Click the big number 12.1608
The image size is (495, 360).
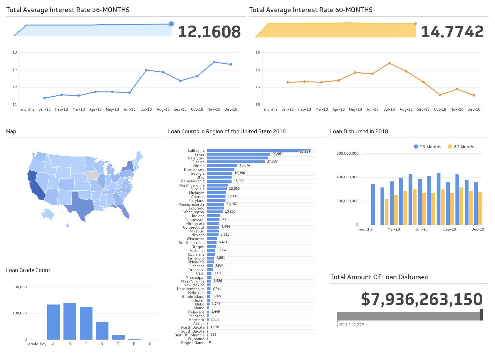[209, 32]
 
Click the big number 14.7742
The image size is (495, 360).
[452, 32]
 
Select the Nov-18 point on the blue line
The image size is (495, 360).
[214, 62]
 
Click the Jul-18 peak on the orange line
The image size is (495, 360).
[389, 63]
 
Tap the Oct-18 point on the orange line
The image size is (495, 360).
[440, 95]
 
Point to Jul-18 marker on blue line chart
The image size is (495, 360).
[146, 70]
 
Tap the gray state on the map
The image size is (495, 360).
[92, 176]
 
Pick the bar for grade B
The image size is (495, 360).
[70, 321]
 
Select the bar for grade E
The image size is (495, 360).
[118, 337]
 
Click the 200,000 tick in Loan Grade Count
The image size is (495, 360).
[19, 287]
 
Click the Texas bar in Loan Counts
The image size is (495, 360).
[238, 154]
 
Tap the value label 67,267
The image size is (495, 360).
[305, 151]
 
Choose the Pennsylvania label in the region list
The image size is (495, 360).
[193, 181]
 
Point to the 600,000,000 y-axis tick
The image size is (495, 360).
[347, 153]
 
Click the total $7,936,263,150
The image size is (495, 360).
[422, 299]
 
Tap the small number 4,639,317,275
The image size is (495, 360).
[350, 325]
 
